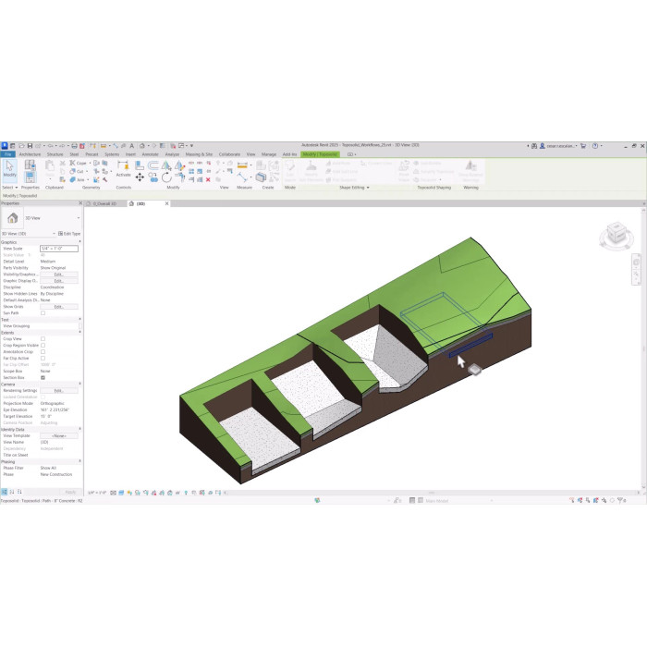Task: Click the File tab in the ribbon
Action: tap(7, 154)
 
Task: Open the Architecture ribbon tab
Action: tap(30, 154)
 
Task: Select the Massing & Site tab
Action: tap(199, 154)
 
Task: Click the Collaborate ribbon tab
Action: tap(229, 154)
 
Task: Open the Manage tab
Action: tap(269, 154)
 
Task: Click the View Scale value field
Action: tap(59, 249)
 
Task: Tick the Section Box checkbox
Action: tap(43, 377)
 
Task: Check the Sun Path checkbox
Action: tap(43, 312)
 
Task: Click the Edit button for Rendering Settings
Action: tap(59, 390)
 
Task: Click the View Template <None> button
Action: tap(59, 435)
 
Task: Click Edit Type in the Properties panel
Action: tap(70, 234)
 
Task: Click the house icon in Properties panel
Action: tap(12, 218)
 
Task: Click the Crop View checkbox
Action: tap(43, 338)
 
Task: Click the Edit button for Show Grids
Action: tap(59, 306)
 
